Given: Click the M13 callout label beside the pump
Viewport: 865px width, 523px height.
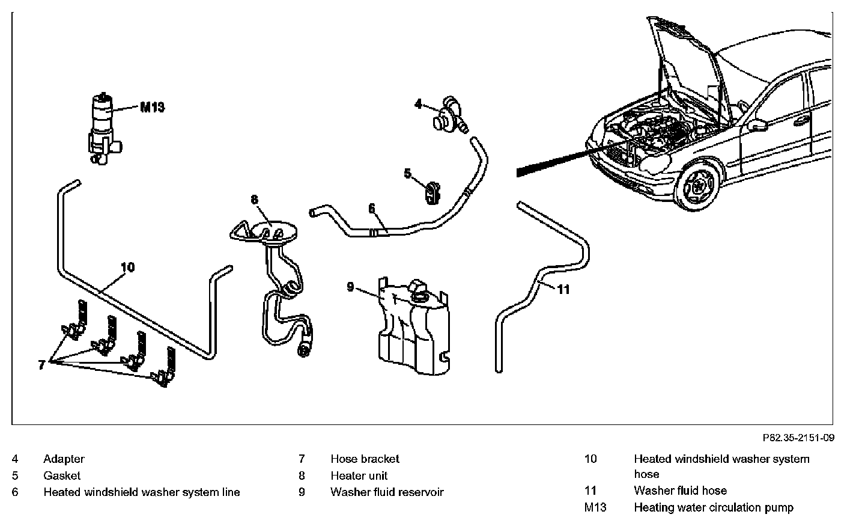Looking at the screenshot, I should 152,108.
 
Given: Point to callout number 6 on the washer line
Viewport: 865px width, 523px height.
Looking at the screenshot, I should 372,209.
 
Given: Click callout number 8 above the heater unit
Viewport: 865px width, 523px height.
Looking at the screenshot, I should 254,199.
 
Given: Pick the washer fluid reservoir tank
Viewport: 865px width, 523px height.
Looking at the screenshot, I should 413,325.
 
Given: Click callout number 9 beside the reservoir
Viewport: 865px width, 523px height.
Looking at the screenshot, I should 350,287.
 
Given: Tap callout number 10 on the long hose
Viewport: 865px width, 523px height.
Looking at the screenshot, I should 127,267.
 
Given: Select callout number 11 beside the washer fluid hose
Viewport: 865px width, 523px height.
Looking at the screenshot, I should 563,289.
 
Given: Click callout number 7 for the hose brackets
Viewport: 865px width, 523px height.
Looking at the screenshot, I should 41,365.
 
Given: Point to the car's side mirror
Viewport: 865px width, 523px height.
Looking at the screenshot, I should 759,124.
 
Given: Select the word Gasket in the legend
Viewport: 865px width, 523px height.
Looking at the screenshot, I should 62,476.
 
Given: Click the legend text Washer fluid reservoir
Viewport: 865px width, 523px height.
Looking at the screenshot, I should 387,492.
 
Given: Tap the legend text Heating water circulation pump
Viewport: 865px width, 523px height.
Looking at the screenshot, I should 713,507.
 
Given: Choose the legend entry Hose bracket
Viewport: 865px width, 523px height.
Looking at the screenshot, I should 365,459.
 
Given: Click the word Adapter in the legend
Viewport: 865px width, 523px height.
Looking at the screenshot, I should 64,459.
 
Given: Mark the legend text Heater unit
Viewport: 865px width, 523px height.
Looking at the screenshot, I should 359,476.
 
